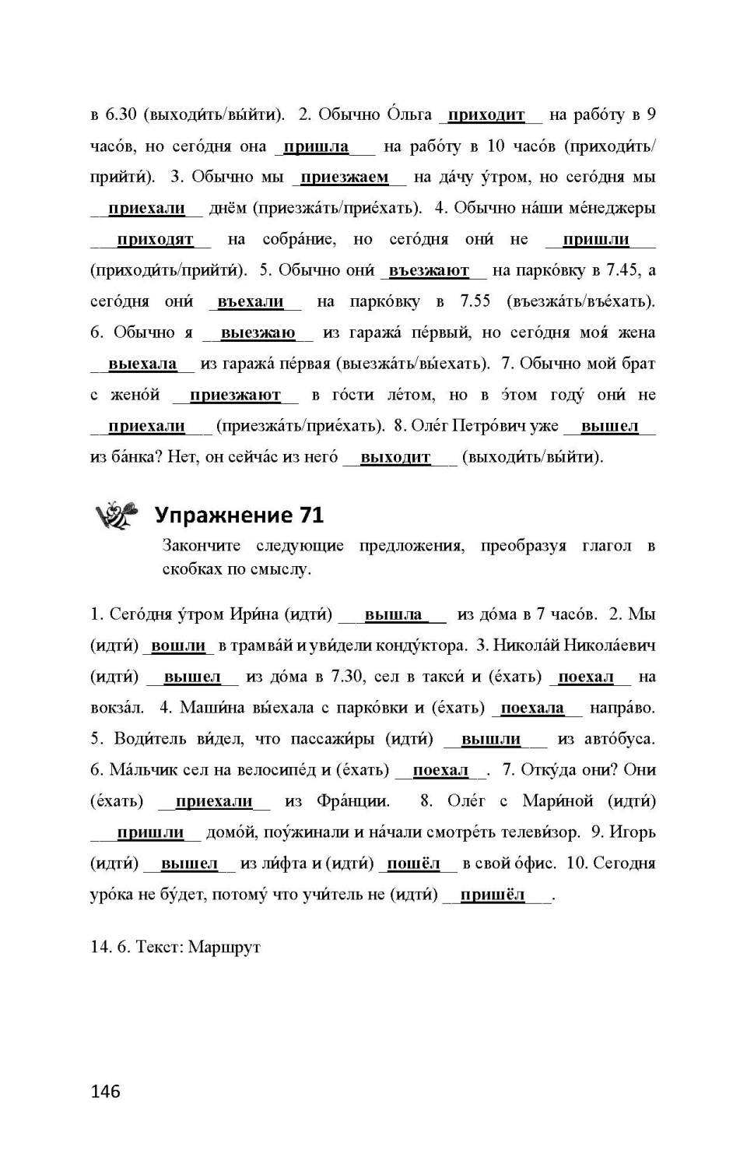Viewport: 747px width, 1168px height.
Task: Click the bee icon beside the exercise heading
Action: point(116,514)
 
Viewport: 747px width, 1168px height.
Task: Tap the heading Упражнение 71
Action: point(239,515)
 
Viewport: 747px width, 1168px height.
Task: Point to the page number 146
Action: point(105,1091)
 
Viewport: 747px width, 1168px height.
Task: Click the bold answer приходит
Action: point(486,115)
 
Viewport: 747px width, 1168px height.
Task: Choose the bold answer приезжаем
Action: point(344,178)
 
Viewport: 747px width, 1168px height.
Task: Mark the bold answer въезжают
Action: point(429,271)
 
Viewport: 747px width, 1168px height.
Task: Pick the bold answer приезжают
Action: point(235,396)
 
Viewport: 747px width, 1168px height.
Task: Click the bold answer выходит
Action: point(395,457)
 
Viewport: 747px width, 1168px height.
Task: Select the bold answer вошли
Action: point(178,646)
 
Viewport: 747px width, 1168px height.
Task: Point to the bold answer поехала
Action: point(532,708)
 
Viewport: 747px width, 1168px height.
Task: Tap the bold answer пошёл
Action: point(413,864)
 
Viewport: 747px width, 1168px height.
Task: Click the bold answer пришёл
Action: point(493,895)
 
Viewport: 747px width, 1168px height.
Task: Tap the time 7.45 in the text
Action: point(622,271)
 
